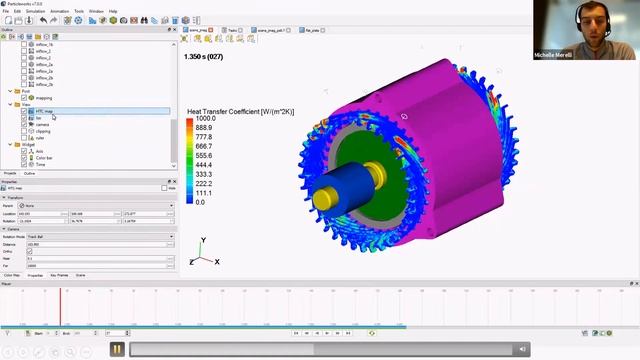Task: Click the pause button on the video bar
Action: coord(117,349)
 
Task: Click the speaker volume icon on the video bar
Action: coord(522,349)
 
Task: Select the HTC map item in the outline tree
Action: coord(45,111)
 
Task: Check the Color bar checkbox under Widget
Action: coord(24,157)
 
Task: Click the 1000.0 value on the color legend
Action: coord(205,118)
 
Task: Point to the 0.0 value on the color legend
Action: coord(200,202)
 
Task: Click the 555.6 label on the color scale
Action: coord(204,156)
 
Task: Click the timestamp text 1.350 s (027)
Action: coord(205,56)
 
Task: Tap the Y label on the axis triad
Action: coord(203,241)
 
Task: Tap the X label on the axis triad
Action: coord(217,262)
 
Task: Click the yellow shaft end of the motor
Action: coord(323,199)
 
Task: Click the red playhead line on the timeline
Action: coord(60,305)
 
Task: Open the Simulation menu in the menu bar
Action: coord(34,11)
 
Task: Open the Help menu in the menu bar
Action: coord(113,11)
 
